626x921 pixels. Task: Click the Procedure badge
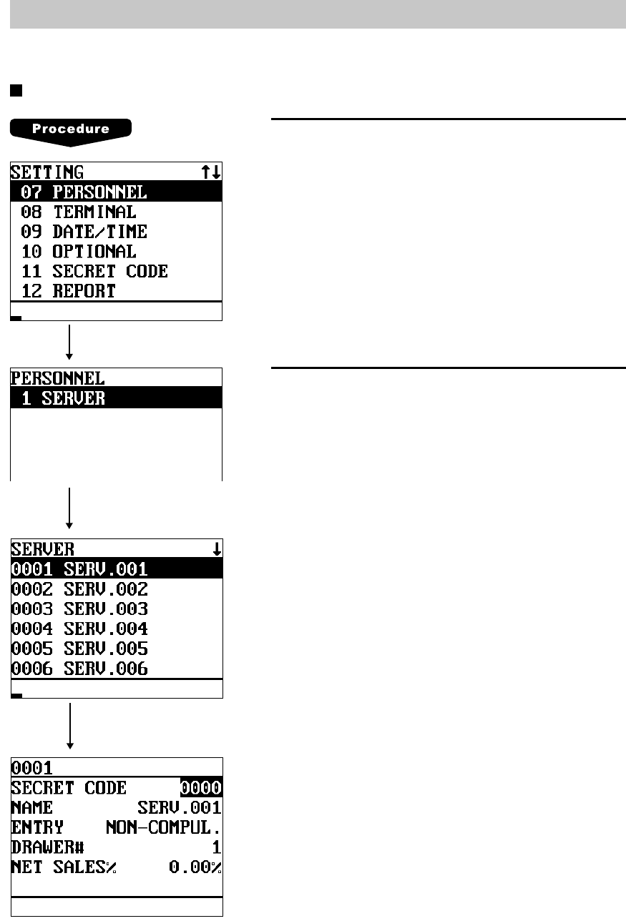point(70,129)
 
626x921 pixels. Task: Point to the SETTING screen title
point(47,172)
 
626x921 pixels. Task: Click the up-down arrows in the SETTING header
point(211,172)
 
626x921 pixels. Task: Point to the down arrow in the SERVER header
point(216,550)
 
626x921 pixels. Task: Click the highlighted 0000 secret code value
point(201,788)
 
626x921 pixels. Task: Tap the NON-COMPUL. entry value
point(163,828)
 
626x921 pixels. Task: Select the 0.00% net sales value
point(195,867)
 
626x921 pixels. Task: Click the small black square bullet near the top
point(15,91)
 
